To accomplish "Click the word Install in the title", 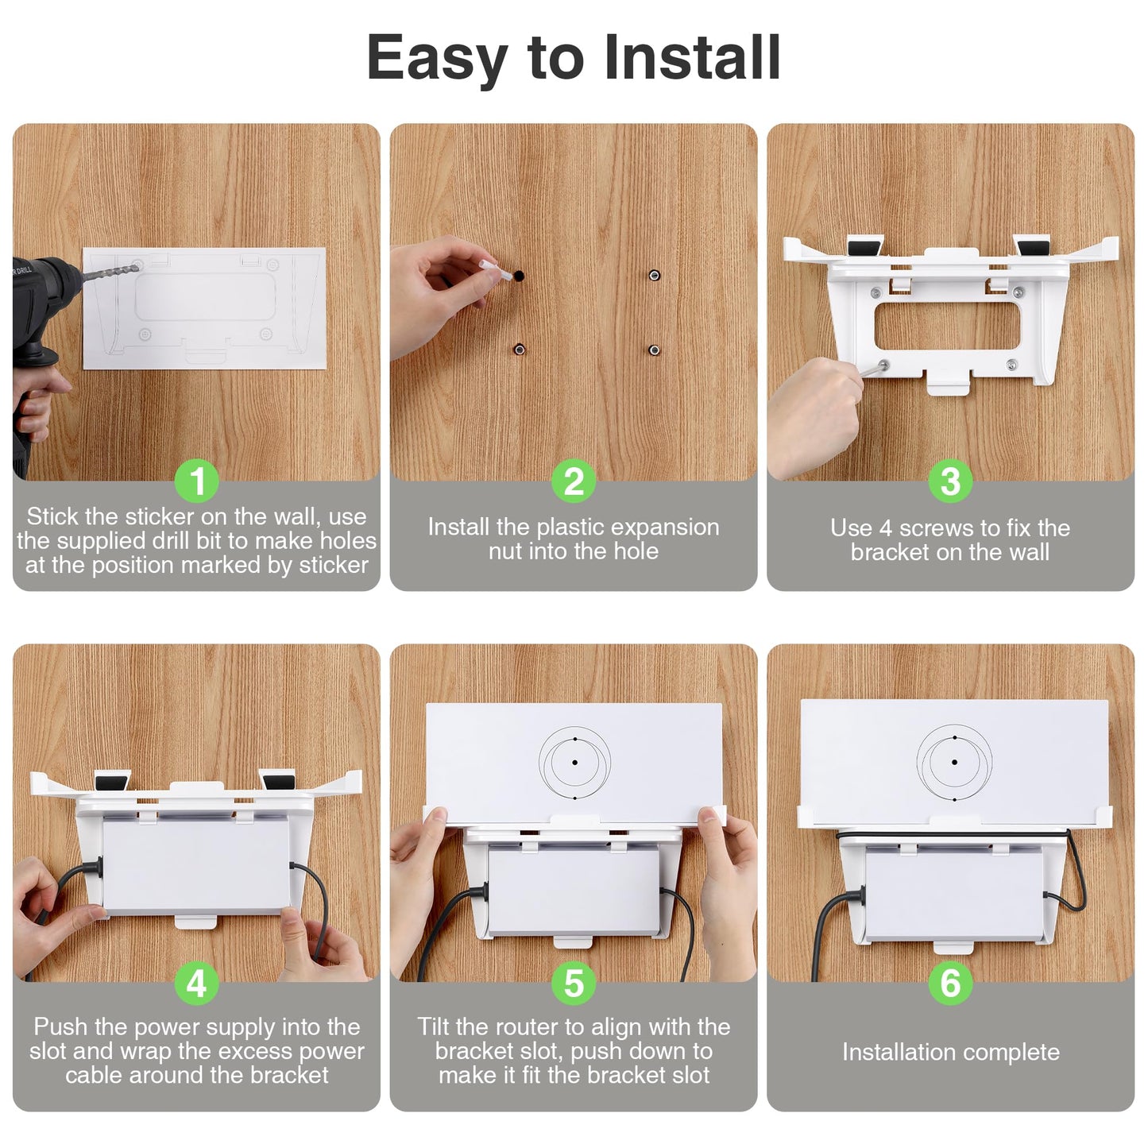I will point(691,57).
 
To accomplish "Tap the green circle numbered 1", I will point(197,481).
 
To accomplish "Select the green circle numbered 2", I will point(574,481).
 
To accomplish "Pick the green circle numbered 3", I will point(950,481).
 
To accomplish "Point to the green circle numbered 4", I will point(197,983).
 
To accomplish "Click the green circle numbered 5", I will point(574,983).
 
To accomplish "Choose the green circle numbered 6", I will point(950,983).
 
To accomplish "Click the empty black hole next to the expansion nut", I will point(519,276).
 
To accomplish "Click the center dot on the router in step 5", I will point(574,762).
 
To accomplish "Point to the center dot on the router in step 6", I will point(954,762).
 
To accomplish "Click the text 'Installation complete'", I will point(950,1052).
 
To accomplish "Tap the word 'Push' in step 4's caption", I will point(60,1026).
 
